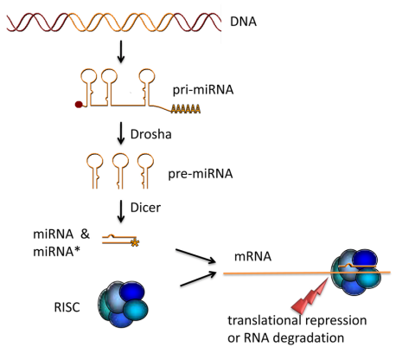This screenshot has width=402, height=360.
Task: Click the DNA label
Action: point(243,22)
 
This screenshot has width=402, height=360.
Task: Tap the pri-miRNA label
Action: point(203,90)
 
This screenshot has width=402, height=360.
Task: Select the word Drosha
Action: point(150,134)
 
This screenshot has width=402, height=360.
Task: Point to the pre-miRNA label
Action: point(201,174)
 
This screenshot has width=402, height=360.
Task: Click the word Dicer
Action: point(145,208)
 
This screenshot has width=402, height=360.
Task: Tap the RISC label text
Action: point(67,307)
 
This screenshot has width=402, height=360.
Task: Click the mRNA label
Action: point(252,256)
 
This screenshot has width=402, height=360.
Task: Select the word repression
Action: point(335,320)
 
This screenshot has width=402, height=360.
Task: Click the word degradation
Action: point(309,337)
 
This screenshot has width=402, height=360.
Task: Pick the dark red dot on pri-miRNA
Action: point(79,104)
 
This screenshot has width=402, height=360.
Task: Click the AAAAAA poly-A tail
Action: point(186,109)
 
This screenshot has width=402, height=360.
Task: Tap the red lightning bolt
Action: point(309,297)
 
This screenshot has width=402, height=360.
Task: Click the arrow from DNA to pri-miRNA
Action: point(121,51)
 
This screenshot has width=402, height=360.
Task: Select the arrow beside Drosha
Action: point(121,133)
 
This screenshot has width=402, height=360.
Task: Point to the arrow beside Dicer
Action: point(121,211)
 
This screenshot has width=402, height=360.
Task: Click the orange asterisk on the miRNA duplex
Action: point(135,243)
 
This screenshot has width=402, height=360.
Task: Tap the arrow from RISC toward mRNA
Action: point(198,279)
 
